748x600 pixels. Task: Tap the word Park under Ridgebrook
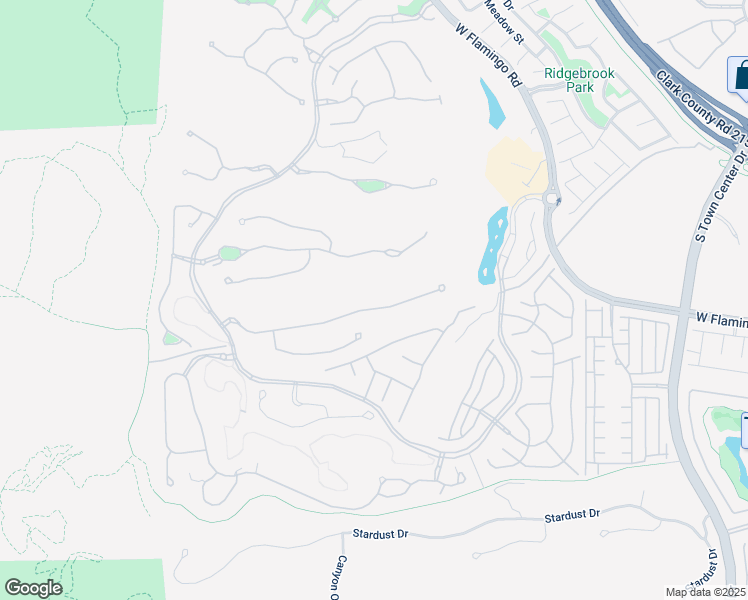pyautogui.click(x=579, y=87)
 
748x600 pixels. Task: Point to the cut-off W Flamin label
pyautogui.click(x=721, y=317)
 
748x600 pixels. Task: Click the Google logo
pyautogui.click(x=33, y=588)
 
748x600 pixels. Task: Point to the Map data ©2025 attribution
pyautogui.click(x=706, y=592)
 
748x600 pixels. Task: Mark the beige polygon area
pyautogui.click(x=514, y=167)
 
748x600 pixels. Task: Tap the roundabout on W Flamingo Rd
pyautogui.click(x=551, y=198)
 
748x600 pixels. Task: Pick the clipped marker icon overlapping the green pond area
pyautogui.click(x=744, y=431)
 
